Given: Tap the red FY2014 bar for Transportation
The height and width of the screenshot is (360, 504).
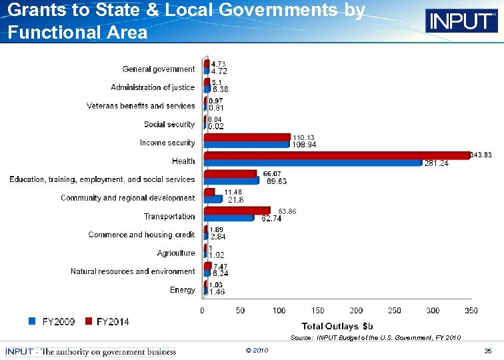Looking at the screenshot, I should point(237,211).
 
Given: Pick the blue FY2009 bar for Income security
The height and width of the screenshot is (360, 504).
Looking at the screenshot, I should point(247,144).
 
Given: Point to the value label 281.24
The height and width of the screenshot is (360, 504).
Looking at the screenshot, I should point(437,163).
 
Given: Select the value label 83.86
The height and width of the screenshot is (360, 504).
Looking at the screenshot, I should point(287,211).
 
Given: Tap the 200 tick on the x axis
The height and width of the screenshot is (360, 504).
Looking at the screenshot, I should point(356,311).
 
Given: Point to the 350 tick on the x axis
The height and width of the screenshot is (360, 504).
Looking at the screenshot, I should point(471,311).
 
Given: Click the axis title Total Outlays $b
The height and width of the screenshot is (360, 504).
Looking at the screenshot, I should point(338,326).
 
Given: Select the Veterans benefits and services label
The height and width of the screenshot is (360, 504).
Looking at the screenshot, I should point(141,106).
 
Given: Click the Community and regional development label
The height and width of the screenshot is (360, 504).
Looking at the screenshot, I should point(128,198).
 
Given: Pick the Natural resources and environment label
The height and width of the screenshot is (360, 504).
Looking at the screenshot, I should point(133,271).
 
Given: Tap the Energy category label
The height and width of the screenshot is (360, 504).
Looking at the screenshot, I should point(183,290).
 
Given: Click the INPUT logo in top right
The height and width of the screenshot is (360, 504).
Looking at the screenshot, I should point(461,21).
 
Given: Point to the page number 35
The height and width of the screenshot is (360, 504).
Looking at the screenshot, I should point(488,351).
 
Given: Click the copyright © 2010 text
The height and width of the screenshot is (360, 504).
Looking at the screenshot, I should point(257,351).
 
